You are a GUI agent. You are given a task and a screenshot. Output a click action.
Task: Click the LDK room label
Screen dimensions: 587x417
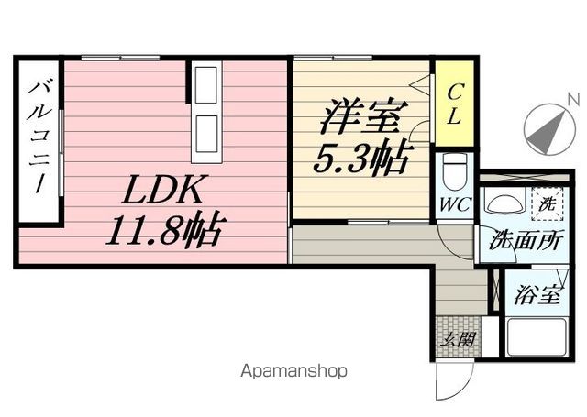(x=163, y=190)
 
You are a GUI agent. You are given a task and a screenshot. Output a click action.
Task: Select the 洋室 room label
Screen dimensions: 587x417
(x=364, y=116)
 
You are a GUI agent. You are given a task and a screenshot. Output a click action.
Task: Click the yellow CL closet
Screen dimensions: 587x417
(x=455, y=104)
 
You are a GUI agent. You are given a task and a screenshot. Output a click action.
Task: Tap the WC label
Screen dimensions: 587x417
(x=455, y=204)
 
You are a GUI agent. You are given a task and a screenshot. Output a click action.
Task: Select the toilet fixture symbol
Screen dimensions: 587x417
(x=454, y=172)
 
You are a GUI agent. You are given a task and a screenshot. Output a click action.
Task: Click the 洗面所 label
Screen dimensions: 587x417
(x=526, y=240)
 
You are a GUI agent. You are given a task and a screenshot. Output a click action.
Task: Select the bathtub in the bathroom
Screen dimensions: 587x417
(x=536, y=337)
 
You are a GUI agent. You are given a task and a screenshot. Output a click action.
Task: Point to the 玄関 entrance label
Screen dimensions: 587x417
(x=457, y=340)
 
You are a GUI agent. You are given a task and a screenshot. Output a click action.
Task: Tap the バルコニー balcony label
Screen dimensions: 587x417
(x=39, y=137)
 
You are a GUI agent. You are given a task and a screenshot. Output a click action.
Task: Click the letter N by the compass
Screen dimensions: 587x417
(x=573, y=100)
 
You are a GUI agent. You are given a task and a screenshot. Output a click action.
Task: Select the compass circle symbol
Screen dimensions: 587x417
(x=549, y=129)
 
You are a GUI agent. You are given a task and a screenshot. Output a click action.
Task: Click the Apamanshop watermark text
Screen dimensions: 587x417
(x=293, y=371)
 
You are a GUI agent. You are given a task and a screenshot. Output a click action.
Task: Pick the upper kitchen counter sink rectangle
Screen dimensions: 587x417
(x=206, y=85)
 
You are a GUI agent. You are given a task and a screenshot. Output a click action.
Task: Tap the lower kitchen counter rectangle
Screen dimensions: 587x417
(x=206, y=134)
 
